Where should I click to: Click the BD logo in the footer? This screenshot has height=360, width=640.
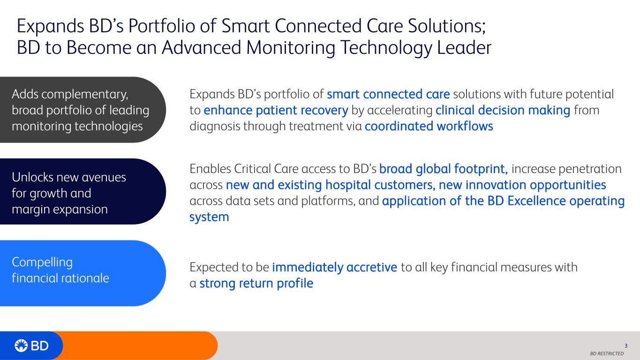pyautogui.click(x=31, y=346)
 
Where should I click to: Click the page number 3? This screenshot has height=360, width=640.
pyautogui.click(x=626, y=346)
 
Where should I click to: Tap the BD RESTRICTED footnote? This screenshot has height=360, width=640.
pyautogui.click(x=607, y=354)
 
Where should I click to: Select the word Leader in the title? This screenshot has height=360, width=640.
pyautogui.click(x=464, y=47)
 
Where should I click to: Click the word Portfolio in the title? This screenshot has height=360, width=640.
pyautogui.click(x=162, y=26)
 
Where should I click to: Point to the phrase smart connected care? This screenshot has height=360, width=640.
pyautogui.click(x=388, y=94)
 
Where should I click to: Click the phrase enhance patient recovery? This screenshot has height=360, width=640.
pyautogui.click(x=276, y=110)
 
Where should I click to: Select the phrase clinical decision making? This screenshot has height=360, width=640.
pyautogui.click(x=503, y=110)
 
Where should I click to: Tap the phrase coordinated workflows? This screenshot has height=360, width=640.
pyautogui.click(x=429, y=126)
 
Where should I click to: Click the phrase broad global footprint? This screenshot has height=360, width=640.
pyautogui.click(x=444, y=169)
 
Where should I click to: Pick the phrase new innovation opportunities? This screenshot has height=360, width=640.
pyautogui.click(x=522, y=185)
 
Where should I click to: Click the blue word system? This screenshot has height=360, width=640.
pyautogui.click(x=209, y=217)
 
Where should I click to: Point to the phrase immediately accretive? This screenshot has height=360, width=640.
pyautogui.click(x=335, y=268)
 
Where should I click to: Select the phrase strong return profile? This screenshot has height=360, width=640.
pyautogui.click(x=256, y=284)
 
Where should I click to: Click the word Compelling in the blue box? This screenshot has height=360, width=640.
pyautogui.click(x=42, y=262)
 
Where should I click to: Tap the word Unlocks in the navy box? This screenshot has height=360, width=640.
pyautogui.click(x=32, y=178)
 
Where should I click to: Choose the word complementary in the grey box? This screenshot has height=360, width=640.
pyautogui.click(x=85, y=95)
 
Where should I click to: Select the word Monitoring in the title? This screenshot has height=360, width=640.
pyautogui.click(x=291, y=48)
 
